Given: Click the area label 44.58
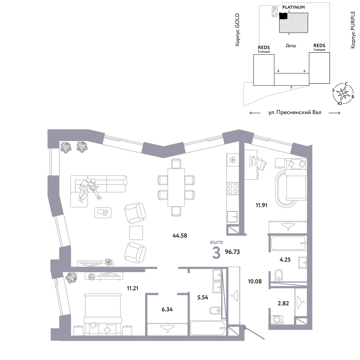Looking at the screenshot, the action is click(x=180, y=235).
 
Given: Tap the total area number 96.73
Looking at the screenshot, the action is click(x=232, y=252).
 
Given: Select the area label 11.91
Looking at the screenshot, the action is click(x=261, y=205).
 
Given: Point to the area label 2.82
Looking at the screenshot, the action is click(x=283, y=303).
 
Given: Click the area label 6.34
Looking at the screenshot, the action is click(x=167, y=310).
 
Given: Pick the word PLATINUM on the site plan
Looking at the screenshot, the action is click(x=293, y=7).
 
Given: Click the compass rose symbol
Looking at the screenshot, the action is click(x=343, y=94).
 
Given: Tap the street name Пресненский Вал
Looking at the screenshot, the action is click(x=299, y=112).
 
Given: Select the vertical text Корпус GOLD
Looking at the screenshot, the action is click(x=237, y=30).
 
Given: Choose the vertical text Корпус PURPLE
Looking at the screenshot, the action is click(x=353, y=30).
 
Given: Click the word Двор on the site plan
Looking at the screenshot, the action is click(x=291, y=46).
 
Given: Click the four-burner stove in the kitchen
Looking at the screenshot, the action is click(x=232, y=188).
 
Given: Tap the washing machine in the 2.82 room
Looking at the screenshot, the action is click(x=277, y=320).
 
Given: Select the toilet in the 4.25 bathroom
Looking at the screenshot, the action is click(x=279, y=275).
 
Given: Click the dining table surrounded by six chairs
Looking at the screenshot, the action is click(x=176, y=187).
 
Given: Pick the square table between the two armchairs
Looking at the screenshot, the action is click(x=136, y=233).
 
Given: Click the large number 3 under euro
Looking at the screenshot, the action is click(x=216, y=253).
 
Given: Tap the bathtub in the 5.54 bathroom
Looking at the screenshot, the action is click(x=208, y=329).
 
